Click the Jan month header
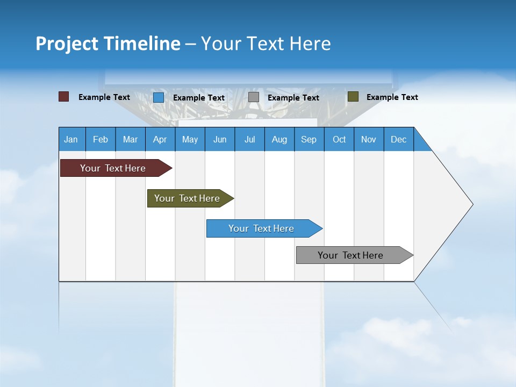pyautogui.click(x=71, y=139)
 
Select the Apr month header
pyautogui.click(x=160, y=139)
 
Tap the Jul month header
pyautogui.click(x=249, y=139)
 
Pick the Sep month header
pyautogui.click(x=309, y=139)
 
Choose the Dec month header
pyautogui.click(x=398, y=139)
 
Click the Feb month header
pyautogui.click(x=101, y=139)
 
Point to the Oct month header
pyautogui.click(x=339, y=139)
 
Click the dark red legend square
pyautogui.click(x=64, y=97)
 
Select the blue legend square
pyautogui.click(x=159, y=97)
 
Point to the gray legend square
pyautogui.click(x=254, y=97)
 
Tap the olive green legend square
pyautogui.click(x=353, y=97)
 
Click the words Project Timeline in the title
pyautogui.click(x=107, y=44)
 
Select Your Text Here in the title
pyautogui.click(x=266, y=44)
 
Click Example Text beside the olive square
pyautogui.click(x=392, y=97)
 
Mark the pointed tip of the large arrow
pyautogui.click(x=472, y=204)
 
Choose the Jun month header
pyautogui.click(x=220, y=139)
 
